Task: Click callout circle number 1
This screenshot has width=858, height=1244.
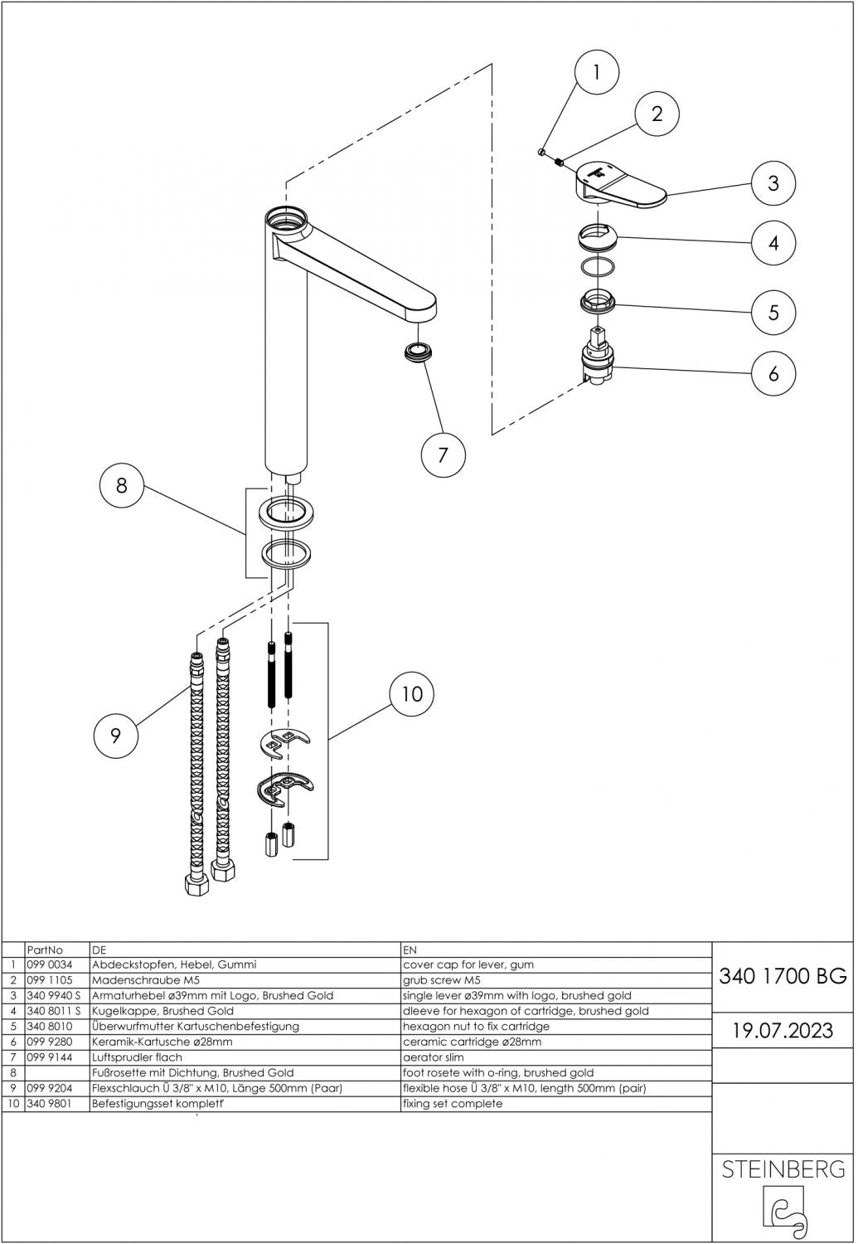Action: pyautogui.click(x=595, y=72)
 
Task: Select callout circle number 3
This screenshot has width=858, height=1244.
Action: pyautogui.click(x=773, y=182)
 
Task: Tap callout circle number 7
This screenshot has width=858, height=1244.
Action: pyautogui.click(x=442, y=454)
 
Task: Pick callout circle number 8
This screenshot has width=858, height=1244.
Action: pyautogui.click(x=121, y=485)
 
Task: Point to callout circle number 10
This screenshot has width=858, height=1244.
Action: pyautogui.click(x=412, y=693)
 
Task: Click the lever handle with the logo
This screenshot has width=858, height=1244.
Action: pyautogui.click(x=622, y=183)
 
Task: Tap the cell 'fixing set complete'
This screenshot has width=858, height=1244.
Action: pyautogui.click(x=453, y=1104)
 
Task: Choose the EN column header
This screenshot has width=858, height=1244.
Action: pyautogui.click(x=410, y=950)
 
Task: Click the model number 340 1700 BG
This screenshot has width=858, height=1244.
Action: pyautogui.click(x=783, y=976)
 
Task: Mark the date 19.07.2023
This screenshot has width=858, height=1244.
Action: pyautogui.click(x=783, y=1031)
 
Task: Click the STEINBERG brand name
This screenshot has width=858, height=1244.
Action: pyautogui.click(x=783, y=1169)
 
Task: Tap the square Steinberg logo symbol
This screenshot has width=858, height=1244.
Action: pyautogui.click(x=783, y=1208)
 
